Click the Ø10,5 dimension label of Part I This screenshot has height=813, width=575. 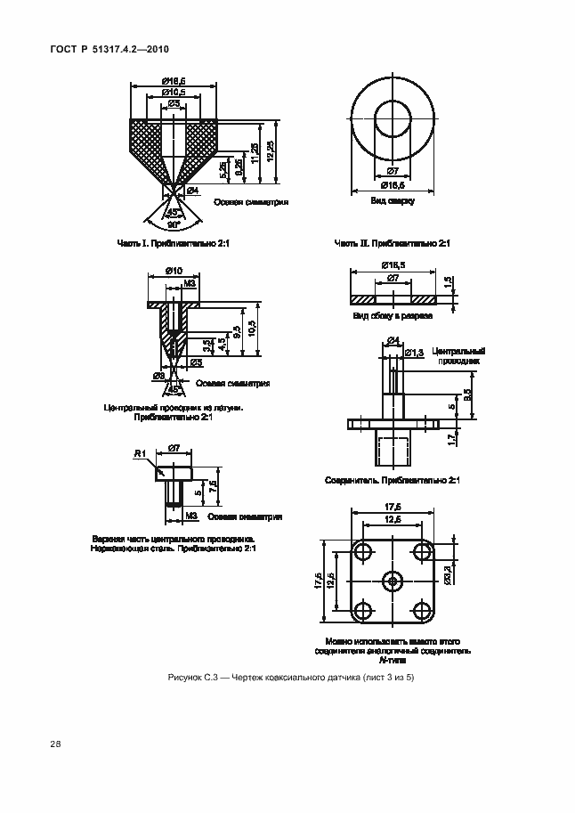coord(174,93)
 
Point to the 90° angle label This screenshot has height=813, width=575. coord(173,224)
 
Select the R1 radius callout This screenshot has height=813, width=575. coord(139,454)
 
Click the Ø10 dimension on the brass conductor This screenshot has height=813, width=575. coord(174,271)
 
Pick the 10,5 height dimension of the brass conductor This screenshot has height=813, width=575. coord(253,331)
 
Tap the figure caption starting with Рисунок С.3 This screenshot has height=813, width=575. coord(291,679)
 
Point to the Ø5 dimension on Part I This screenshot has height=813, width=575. coord(174,104)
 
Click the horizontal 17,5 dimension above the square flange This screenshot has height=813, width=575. coord(393,508)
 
